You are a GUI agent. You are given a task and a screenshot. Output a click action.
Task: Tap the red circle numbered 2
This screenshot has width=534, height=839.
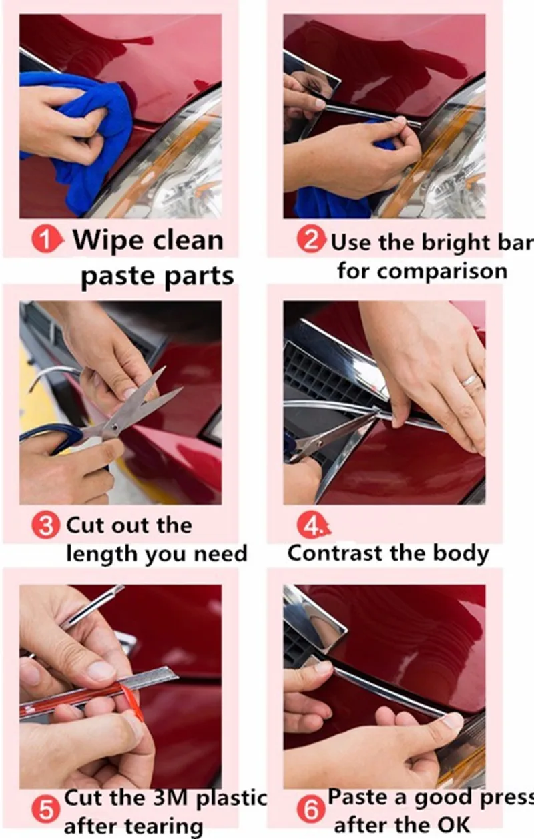pyautogui.click(x=311, y=240)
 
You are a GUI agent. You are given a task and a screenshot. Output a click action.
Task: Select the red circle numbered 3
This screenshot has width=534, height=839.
pyautogui.click(x=45, y=525)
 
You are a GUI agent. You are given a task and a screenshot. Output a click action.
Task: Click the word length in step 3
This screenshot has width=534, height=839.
pyautogui.click(x=102, y=555)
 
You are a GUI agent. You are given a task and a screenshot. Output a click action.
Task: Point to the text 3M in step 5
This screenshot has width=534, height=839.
pyautogui.click(x=170, y=798)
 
